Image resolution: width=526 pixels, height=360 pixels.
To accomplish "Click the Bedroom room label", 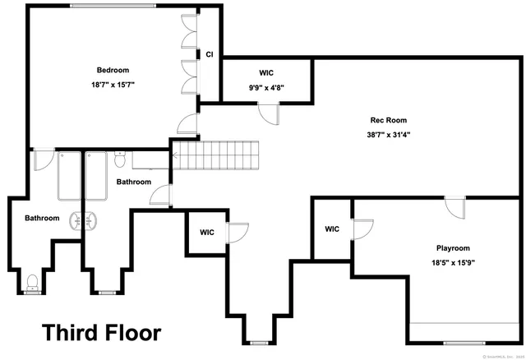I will click(x=113, y=71).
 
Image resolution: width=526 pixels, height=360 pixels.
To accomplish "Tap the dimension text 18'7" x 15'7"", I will click(x=113, y=85).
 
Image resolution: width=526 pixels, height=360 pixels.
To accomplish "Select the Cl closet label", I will click(x=210, y=55).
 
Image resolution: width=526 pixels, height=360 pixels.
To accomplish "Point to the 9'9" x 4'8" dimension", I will click(x=267, y=86).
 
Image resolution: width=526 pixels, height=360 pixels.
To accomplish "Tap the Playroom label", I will click(x=452, y=248).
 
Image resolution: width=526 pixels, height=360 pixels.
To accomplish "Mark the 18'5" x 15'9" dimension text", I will click(x=452, y=262).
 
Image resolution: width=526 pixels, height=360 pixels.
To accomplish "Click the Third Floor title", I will click(x=102, y=333).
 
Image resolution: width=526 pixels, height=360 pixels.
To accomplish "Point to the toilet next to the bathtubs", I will click(x=120, y=154).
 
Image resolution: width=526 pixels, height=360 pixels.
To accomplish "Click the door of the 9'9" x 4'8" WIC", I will click(x=267, y=115).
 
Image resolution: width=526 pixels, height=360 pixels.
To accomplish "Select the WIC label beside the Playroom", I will click(x=332, y=229).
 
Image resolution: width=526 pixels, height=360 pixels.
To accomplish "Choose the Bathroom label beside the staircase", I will click(x=134, y=182).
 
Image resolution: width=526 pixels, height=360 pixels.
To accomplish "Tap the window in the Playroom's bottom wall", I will click(x=466, y=342).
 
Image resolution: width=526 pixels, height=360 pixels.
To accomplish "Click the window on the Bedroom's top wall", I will click(x=113, y=7).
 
